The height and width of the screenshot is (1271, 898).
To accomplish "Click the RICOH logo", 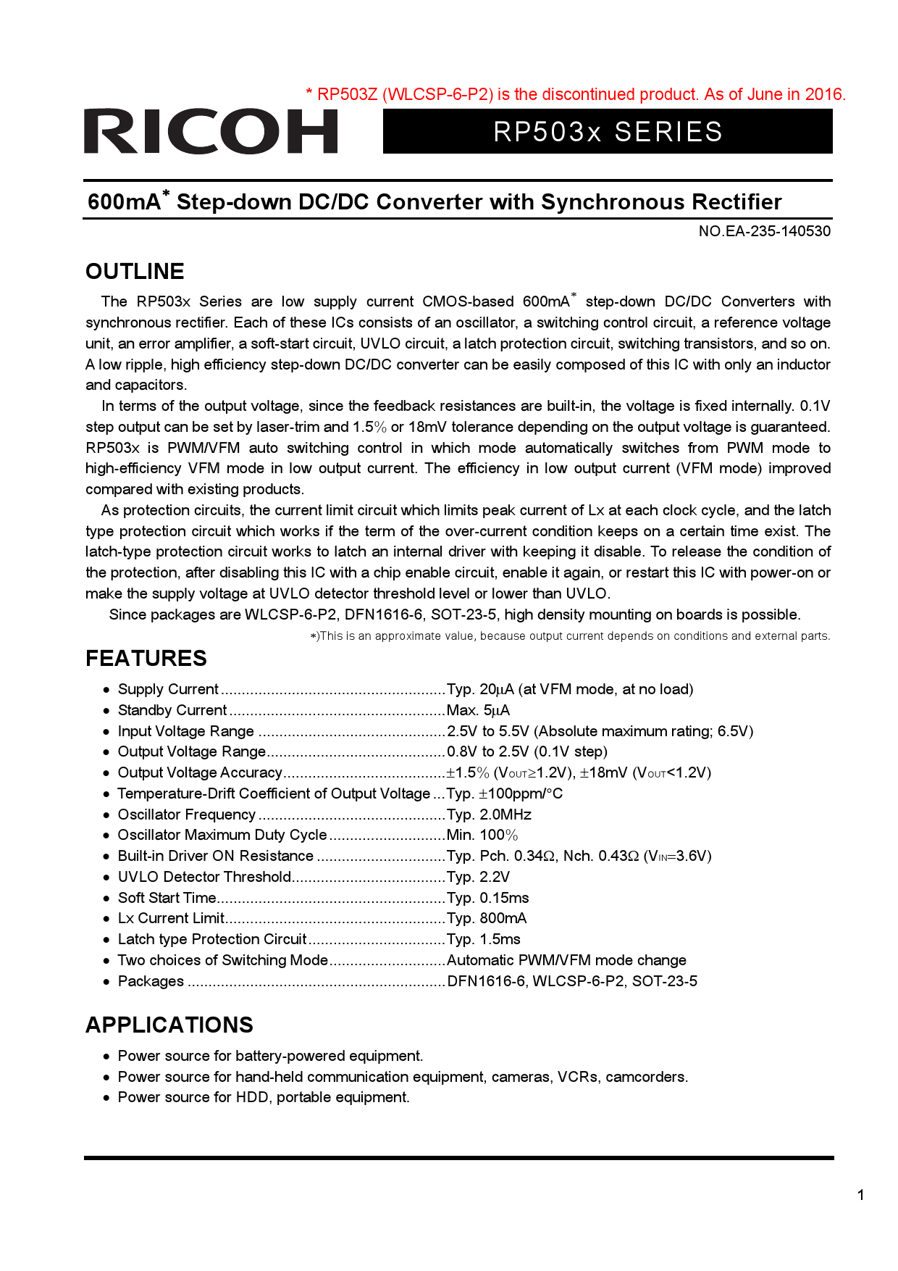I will (211, 131).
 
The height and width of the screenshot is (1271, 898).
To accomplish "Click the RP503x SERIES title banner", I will (608, 132).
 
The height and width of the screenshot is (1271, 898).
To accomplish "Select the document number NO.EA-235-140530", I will (764, 231).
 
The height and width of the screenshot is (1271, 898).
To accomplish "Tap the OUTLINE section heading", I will (135, 272).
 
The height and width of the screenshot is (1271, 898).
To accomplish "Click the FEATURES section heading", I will (146, 658).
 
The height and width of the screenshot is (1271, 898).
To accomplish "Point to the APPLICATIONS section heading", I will (169, 1025).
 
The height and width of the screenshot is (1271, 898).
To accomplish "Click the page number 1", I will (860, 1195).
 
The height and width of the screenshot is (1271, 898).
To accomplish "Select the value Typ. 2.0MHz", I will (489, 814).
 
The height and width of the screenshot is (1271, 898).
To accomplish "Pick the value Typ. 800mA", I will (487, 918).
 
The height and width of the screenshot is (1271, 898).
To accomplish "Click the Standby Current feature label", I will (172, 710).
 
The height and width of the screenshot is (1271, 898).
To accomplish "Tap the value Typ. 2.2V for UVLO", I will (478, 877).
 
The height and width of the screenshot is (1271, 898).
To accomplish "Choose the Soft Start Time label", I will (167, 898).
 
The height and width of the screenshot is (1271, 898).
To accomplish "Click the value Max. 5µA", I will (478, 710).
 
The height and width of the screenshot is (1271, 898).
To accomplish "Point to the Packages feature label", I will (151, 981).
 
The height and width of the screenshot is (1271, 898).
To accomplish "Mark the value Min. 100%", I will (482, 835).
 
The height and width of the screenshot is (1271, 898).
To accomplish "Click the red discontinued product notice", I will (576, 94).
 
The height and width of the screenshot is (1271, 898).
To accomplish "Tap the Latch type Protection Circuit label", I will (212, 939).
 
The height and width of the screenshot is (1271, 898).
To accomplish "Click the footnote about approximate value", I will (570, 636).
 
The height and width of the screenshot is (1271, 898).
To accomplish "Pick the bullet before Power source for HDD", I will (106, 1098).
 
